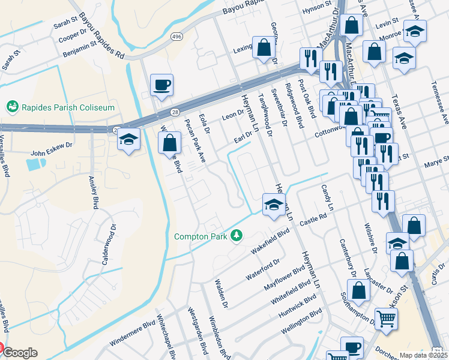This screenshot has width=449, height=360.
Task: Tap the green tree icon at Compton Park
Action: pyautogui.click(x=238, y=236)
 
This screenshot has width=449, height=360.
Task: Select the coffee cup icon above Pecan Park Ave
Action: pyautogui.click(x=162, y=85)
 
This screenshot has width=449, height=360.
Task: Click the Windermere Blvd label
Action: pyautogui.click(x=132, y=336)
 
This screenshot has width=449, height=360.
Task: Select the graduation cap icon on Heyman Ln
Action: pyautogui.click(x=273, y=205)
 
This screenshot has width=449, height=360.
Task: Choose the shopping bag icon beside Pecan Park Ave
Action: pyautogui.click(x=170, y=143)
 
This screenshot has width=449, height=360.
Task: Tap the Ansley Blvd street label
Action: pyautogui.click(x=94, y=192)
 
